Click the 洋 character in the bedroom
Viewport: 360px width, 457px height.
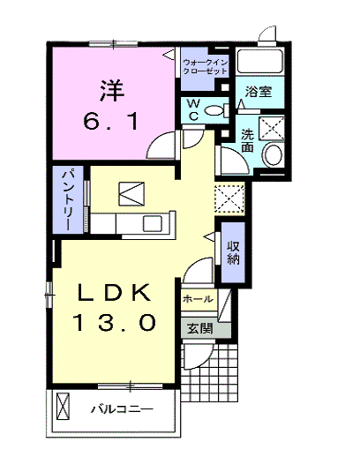112,91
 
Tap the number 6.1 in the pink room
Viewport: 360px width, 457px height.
110,122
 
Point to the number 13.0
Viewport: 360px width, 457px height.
115,322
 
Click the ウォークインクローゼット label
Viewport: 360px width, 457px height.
205,67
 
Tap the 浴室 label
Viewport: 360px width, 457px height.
259,92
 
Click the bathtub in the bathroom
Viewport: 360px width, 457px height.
260,61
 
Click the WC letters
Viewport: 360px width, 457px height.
194,110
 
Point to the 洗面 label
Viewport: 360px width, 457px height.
247,140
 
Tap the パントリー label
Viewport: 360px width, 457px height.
67,200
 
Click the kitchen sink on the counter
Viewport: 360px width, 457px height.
152,223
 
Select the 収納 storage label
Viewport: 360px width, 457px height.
233,253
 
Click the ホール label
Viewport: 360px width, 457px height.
198,299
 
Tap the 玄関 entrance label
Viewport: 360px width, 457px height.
200,328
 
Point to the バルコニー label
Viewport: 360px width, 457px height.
122,409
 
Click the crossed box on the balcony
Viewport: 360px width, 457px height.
63,406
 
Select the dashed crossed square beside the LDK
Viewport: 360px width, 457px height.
229,199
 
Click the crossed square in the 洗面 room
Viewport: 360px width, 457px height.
272,128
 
